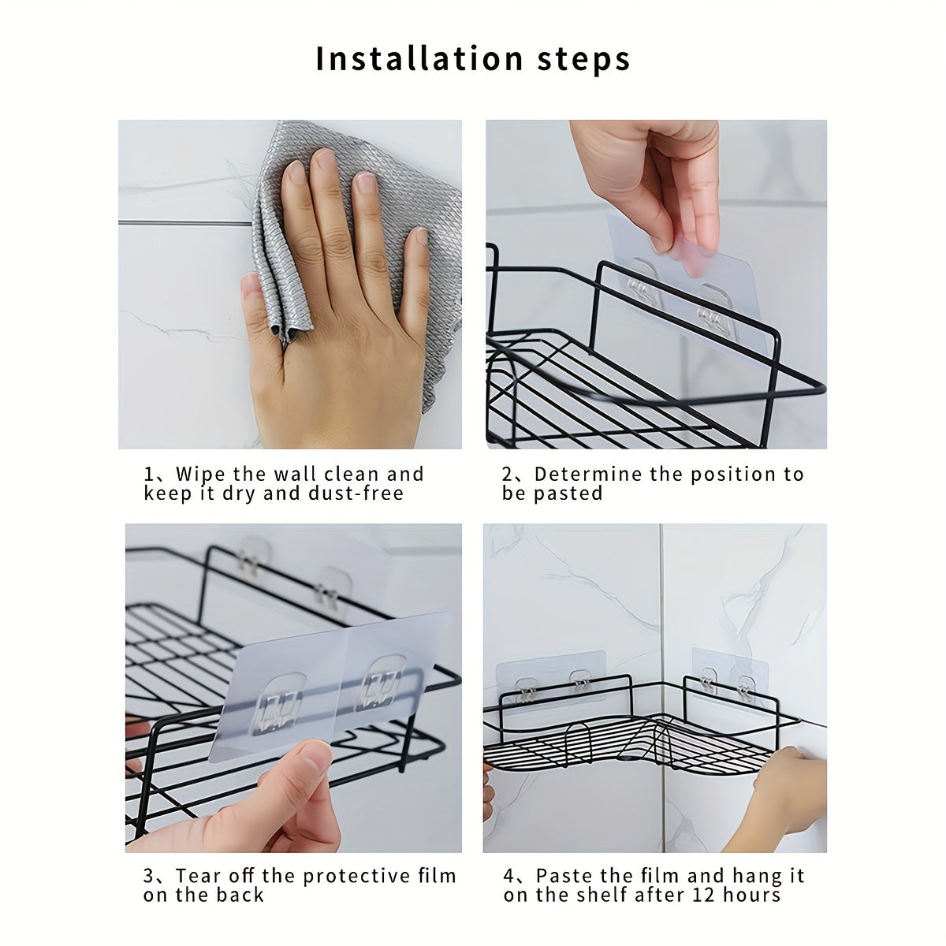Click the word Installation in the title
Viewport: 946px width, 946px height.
pyautogui.click(x=419, y=59)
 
